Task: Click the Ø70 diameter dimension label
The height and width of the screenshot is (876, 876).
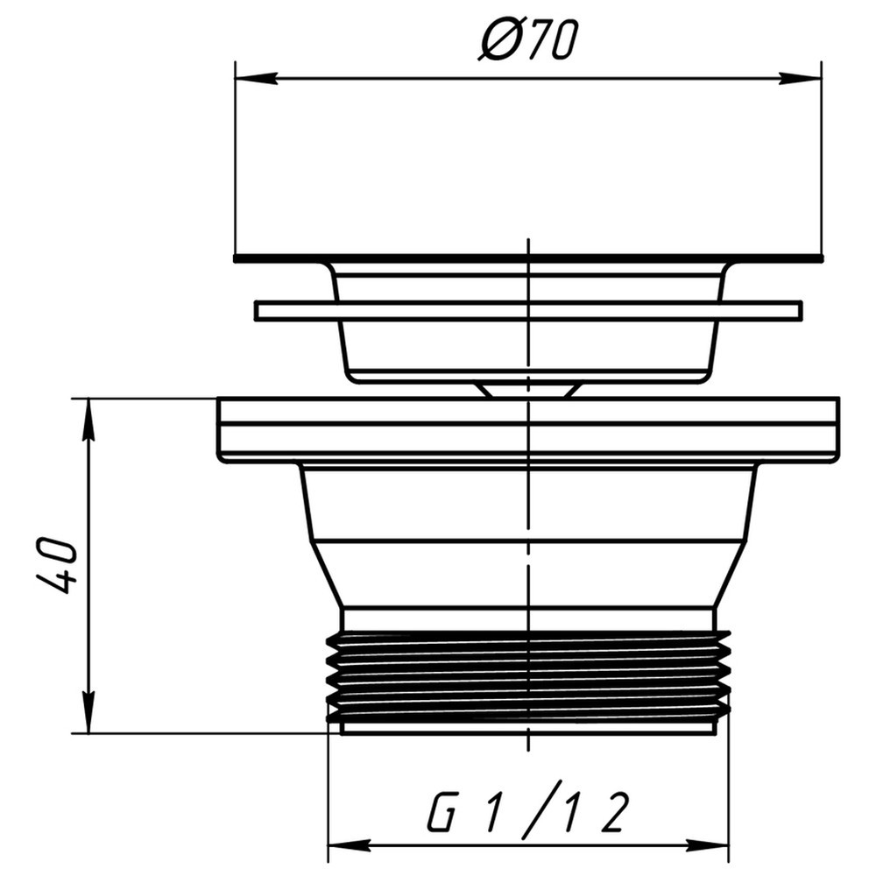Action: [x=526, y=39]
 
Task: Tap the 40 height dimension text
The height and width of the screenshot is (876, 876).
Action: [x=54, y=565]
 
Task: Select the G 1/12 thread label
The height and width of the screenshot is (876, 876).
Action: [x=528, y=810]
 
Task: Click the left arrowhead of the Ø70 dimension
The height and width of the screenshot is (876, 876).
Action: [x=257, y=78]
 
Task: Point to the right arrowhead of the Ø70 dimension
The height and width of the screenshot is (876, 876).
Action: [x=800, y=78]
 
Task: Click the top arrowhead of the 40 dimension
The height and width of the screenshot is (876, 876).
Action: [x=88, y=420]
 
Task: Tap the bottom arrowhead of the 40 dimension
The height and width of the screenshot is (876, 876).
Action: [x=88, y=712]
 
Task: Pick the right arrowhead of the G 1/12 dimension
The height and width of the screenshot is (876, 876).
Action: [x=707, y=845]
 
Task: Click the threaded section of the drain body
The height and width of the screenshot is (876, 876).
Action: [x=528, y=676]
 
